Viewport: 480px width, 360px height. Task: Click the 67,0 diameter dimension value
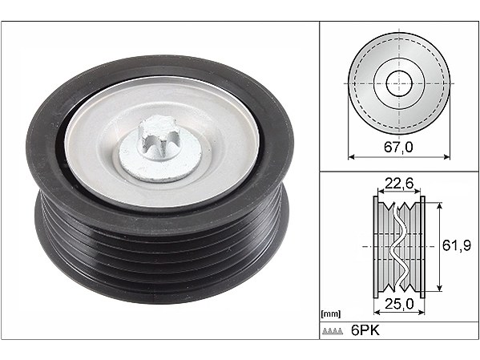(x=398, y=148)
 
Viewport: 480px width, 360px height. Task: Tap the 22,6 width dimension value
(x=399, y=184)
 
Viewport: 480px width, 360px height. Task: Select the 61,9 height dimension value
(x=457, y=245)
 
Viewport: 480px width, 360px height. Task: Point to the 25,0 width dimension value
(x=399, y=304)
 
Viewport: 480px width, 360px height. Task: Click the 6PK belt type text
(x=365, y=330)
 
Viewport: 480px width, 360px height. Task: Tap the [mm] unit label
(x=331, y=313)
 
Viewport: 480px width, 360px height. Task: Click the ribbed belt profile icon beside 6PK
(x=333, y=331)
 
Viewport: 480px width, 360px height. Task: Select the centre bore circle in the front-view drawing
(x=399, y=83)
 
